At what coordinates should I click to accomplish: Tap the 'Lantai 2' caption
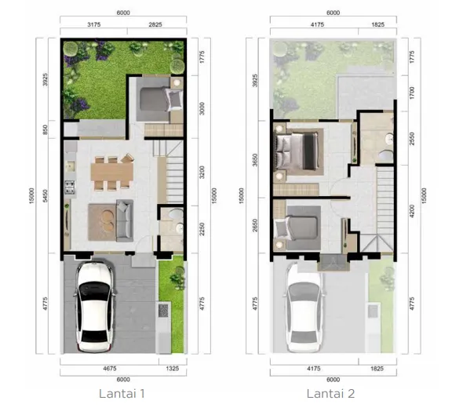click(x=331, y=392)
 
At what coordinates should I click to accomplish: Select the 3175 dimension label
click(x=93, y=25)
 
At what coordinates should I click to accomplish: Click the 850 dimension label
click(x=46, y=129)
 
